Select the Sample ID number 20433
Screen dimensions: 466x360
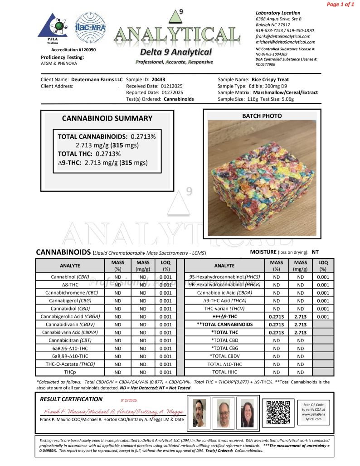point(159,79)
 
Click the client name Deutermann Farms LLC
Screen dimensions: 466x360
point(97,79)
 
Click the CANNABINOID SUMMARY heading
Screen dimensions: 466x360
point(107,118)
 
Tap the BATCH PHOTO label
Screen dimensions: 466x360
point(262,116)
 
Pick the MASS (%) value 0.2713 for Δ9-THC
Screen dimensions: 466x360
point(276,316)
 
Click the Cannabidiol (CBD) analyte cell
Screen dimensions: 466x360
point(70,308)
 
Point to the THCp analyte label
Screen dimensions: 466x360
point(70,372)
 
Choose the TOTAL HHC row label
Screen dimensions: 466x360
point(225,372)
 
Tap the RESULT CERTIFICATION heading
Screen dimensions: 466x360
point(71,399)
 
